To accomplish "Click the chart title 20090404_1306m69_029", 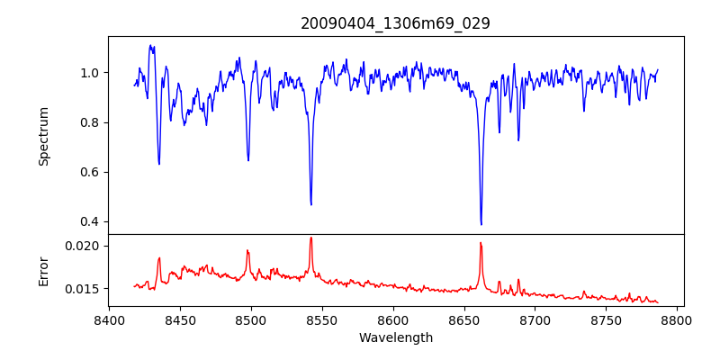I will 395,23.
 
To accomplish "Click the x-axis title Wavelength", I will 395,337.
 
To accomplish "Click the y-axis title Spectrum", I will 43,136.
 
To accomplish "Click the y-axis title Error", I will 43,270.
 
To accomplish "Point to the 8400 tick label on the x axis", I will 109,319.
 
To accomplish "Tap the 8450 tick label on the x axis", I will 180,319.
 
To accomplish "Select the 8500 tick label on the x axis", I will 251,319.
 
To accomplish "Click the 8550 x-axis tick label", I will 322,319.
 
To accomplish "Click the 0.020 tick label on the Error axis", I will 85,246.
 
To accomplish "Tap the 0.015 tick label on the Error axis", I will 85,289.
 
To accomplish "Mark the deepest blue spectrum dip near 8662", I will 481,224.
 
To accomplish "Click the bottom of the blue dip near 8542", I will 310,204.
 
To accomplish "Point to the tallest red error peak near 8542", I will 310,238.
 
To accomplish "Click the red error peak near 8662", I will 481,243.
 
